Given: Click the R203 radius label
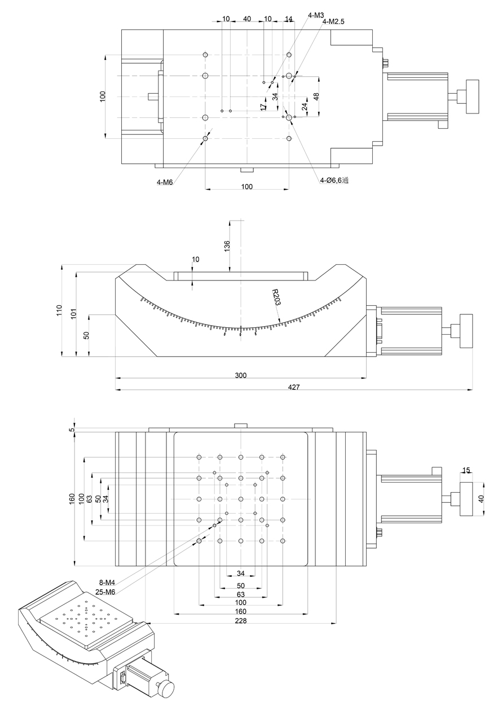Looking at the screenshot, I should tap(276, 297).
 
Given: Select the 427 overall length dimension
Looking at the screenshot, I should tap(294, 387).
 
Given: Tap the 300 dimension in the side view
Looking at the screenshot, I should tap(241, 375).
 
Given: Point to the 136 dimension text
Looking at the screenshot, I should tap(227, 246).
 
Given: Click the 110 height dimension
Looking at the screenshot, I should tap(59, 310).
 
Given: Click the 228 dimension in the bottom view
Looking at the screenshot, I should tap(241, 620).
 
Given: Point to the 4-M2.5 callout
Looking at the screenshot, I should tap(333, 22).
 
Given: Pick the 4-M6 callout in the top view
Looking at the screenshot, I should tap(165, 182).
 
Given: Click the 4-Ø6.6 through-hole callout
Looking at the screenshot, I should tap(334, 181).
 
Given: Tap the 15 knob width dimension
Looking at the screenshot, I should tap(466, 470).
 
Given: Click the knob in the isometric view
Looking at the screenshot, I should tap(166, 688).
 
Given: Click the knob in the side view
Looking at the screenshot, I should tap(467, 331).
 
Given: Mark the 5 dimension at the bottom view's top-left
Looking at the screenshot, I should tap(72, 429).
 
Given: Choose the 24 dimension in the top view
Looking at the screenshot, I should tap(305, 106).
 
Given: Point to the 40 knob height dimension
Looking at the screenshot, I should tap(481, 499).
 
